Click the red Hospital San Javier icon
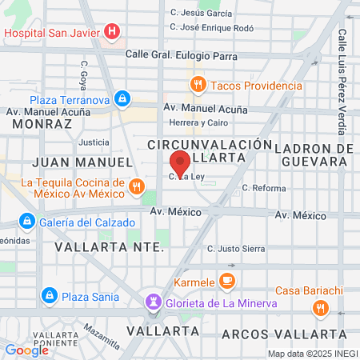click(113, 32)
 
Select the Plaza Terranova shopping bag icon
click(122, 100)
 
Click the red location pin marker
click(181, 164)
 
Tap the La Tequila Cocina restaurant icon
click(137, 187)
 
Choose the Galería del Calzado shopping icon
click(26, 221)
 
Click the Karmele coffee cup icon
click(226, 282)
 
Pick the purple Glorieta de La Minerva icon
click(152, 302)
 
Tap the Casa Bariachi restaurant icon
click(320, 307)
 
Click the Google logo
click(27, 350)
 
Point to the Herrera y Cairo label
click(198, 122)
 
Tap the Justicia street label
click(94, 142)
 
